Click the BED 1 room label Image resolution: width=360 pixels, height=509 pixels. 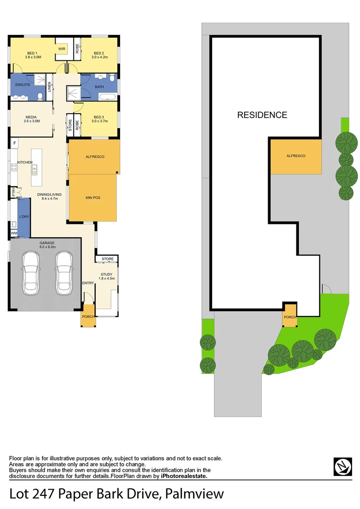33,53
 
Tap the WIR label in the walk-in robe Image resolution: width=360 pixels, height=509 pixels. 61,49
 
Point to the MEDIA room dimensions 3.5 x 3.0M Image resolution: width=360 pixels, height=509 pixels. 32,121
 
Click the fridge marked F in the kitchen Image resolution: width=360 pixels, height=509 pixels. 15,143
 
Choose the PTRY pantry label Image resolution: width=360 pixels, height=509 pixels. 14,192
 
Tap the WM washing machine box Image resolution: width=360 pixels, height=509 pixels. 14,233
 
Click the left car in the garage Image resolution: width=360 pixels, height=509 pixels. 31,273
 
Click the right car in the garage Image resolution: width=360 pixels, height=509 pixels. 64,273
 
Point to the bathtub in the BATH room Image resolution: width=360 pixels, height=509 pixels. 108,97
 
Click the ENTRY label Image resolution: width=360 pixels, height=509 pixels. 88,283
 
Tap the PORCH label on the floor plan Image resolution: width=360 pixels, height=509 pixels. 88,316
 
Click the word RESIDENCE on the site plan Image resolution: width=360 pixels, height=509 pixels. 262,115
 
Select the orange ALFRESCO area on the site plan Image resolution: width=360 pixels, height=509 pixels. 296,156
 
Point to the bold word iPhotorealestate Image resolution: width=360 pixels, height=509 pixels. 184,476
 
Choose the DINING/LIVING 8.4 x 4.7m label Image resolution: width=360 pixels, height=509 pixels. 47,196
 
